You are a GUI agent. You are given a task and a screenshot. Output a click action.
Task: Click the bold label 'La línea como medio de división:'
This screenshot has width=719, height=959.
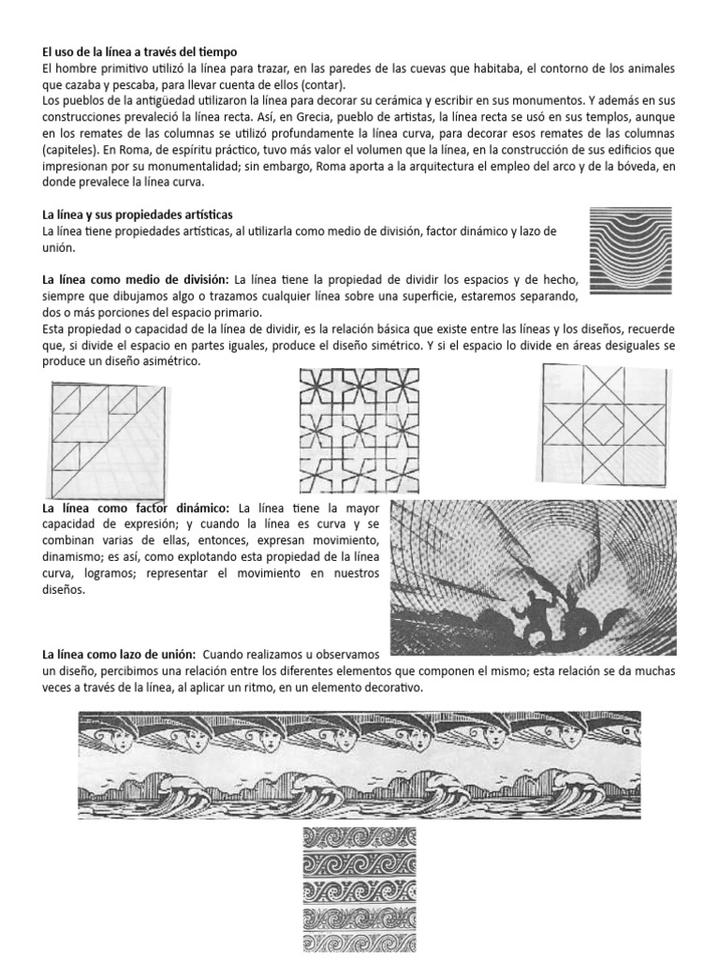(136, 280)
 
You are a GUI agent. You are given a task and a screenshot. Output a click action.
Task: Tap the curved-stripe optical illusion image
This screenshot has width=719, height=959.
(630, 247)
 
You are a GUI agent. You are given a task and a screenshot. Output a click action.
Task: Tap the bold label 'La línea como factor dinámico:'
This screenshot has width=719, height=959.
(139, 507)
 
